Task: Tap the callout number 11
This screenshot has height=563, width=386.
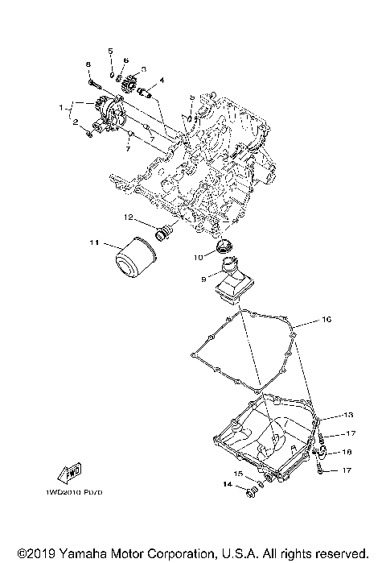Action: point(94,242)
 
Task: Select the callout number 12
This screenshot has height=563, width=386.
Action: point(127,217)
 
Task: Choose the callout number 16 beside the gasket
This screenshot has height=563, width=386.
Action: point(326,320)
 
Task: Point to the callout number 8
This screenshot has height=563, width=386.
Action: point(88,64)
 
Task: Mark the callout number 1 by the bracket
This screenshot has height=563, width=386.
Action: point(60,106)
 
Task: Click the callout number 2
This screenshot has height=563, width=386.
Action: point(76,123)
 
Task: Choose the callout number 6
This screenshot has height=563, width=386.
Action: point(126,60)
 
